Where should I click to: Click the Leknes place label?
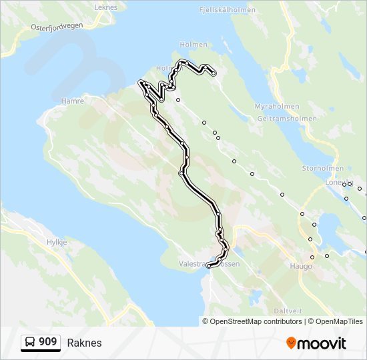[106, 7]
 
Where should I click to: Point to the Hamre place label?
[73, 101]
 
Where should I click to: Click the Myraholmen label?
[277, 106]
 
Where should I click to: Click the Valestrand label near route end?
[194, 264]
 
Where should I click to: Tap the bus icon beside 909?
[30, 343]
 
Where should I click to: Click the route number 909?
[47, 342]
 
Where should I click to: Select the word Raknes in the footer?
[84, 343]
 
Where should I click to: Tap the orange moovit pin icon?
[292, 343]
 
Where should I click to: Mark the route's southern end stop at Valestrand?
[209, 266]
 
